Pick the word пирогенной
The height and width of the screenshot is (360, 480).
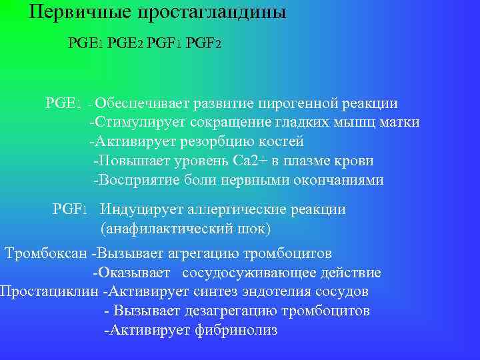click(303, 103)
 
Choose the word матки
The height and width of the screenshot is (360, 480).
click(401, 123)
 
